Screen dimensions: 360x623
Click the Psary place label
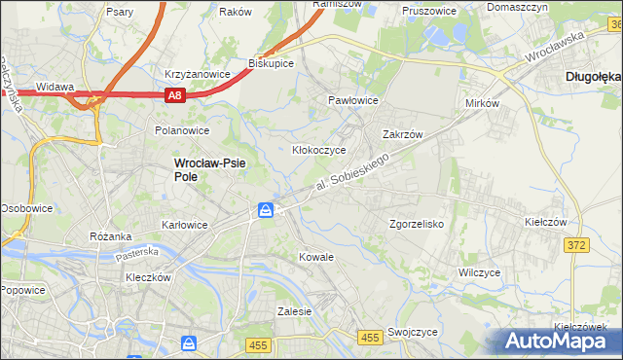pos(121,13)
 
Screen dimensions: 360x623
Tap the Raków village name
pos(236,12)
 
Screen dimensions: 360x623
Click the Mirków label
pos(482,102)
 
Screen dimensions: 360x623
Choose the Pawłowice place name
pos(352,100)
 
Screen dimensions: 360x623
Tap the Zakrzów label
pos(403,135)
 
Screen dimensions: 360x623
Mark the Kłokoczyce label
pos(320,150)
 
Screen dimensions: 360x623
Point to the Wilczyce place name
pos(479,272)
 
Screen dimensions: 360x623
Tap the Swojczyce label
pos(411,331)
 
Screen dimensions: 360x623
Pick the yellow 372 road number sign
pos(575,245)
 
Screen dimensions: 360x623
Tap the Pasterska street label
pos(136,252)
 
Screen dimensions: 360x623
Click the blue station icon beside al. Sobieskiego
pos(266,210)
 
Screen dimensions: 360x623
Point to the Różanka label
pos(110,236)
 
